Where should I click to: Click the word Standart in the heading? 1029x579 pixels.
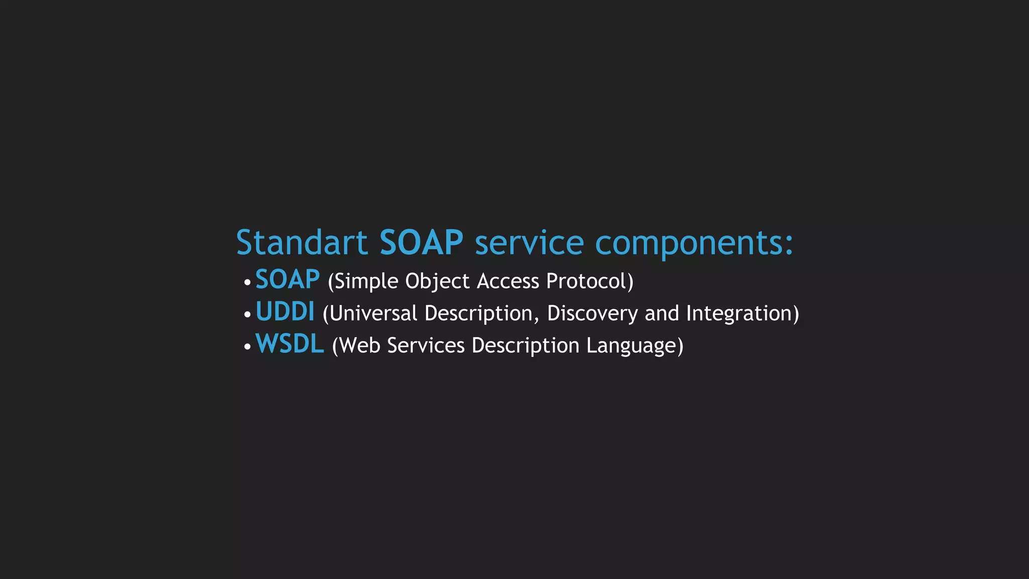301,243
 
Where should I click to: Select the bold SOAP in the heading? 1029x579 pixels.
421,243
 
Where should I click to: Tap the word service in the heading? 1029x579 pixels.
529,243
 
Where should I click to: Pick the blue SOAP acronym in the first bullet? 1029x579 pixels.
287,280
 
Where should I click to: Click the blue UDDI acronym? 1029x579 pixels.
285,312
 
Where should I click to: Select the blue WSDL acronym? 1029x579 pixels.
290,344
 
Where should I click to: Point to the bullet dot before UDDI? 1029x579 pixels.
247,315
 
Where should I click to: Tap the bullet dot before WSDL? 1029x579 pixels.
247,347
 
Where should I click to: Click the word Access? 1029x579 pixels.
507,281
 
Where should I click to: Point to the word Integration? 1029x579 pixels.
739,314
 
